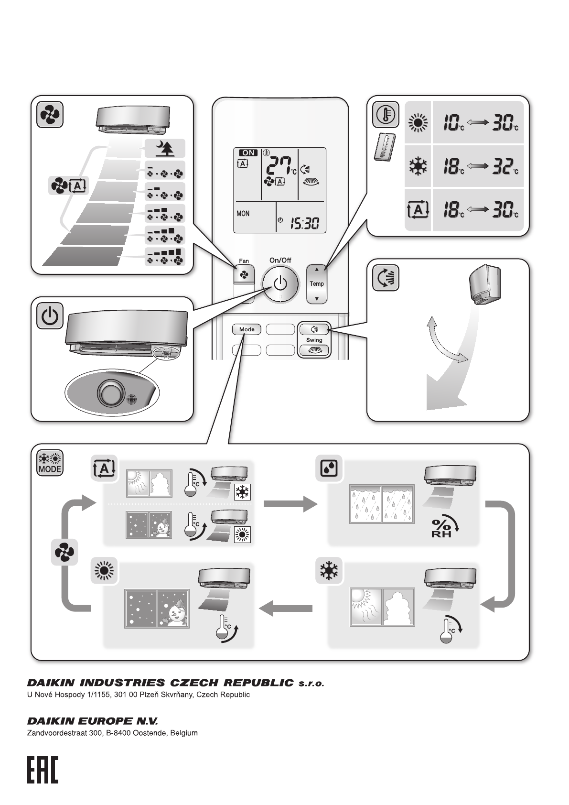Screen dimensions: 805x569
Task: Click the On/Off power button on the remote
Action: point(280,284)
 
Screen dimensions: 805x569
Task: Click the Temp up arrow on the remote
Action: point(316,269)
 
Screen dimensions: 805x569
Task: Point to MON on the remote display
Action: point(243,214)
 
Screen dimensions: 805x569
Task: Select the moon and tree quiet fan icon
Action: point(165,150)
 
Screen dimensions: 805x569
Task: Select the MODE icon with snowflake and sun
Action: point(50,463)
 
